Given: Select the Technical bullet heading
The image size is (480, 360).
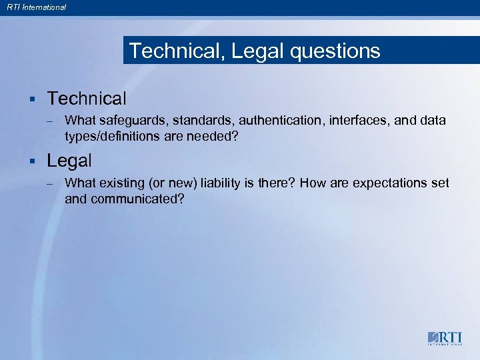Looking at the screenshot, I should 87,99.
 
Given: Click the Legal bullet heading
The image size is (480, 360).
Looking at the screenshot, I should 69,161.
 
